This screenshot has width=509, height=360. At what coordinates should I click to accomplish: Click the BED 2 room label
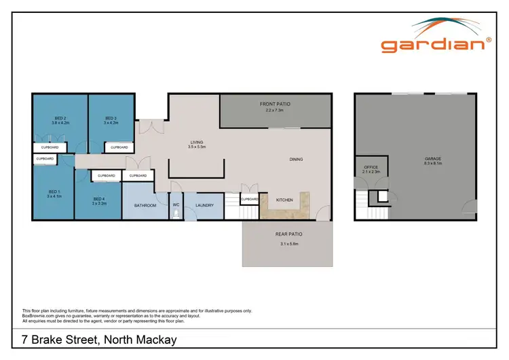click(61, 118)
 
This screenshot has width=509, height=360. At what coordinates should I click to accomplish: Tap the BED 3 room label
click(111, 118)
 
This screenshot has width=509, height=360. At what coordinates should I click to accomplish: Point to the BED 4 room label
click(100, 198)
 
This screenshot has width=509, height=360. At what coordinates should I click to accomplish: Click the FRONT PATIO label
click(276, 104)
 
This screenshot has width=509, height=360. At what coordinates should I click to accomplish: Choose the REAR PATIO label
click(287, 234)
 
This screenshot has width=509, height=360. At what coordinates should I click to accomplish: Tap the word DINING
click(296, 160)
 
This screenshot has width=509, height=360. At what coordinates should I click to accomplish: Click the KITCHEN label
click(284, 200)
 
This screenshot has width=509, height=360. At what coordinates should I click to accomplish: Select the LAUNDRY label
click(204, 205)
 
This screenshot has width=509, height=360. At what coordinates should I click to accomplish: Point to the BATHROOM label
click(145, 205)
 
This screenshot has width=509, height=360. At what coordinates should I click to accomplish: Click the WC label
click(176, 204)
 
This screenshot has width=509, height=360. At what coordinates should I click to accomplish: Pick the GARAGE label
click(433, 159)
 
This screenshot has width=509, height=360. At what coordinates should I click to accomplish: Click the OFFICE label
click(370, 166)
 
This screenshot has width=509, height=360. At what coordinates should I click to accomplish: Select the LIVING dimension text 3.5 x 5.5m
click(197, 147)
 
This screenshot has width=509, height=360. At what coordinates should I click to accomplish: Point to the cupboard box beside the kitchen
click(250, 199)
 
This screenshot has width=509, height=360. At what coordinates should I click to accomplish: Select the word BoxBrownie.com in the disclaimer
click(39, 315)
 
